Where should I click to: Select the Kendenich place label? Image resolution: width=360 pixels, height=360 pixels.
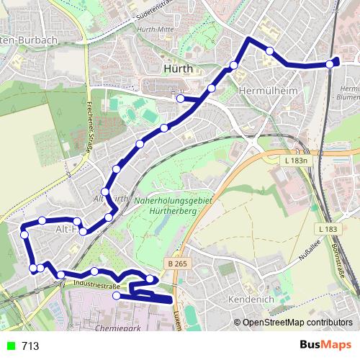point(248,297)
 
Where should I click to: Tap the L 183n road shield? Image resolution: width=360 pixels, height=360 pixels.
point(295,161)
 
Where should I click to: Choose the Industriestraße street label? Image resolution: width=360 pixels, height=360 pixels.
point(96,286)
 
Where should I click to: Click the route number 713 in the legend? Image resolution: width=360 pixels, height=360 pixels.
point(30,346)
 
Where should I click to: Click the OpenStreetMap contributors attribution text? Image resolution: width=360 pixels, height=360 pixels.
point(297,323)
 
